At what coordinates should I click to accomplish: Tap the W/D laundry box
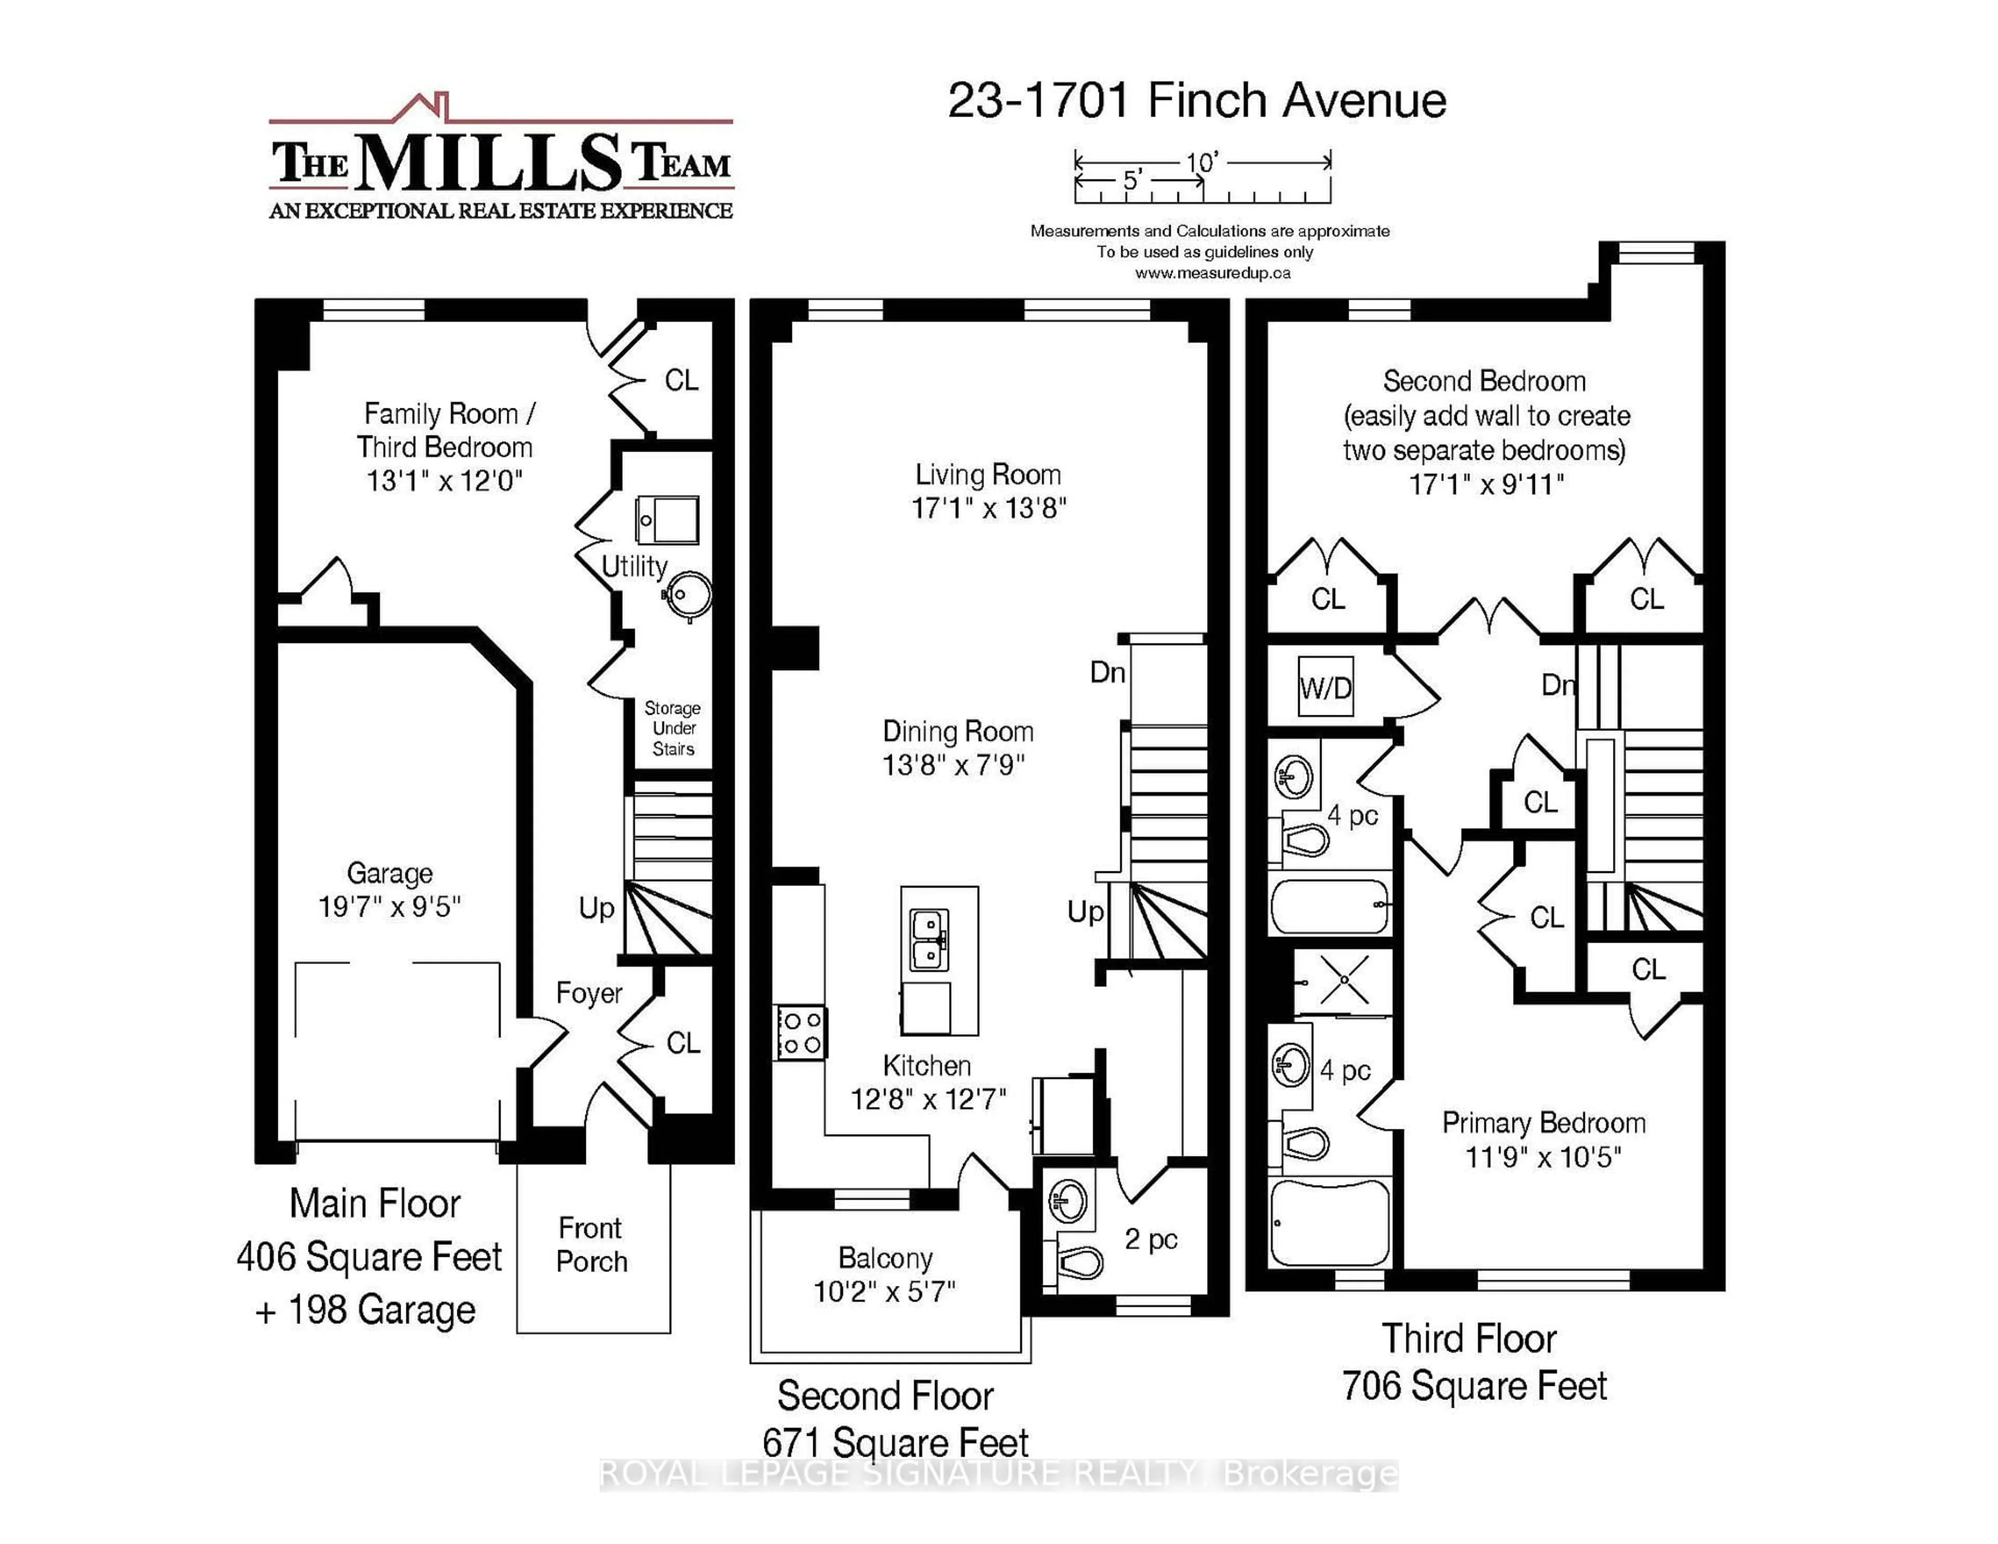pyautogui.click(x=1326, y=688)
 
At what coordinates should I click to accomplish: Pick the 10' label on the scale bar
pyautogui.click(x=1202, y=163)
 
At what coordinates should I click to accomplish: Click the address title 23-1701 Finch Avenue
pyautogui.click(x=1197, y=100)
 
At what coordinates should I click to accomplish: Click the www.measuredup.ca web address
pyautogui.click(x=1212, y=273)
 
